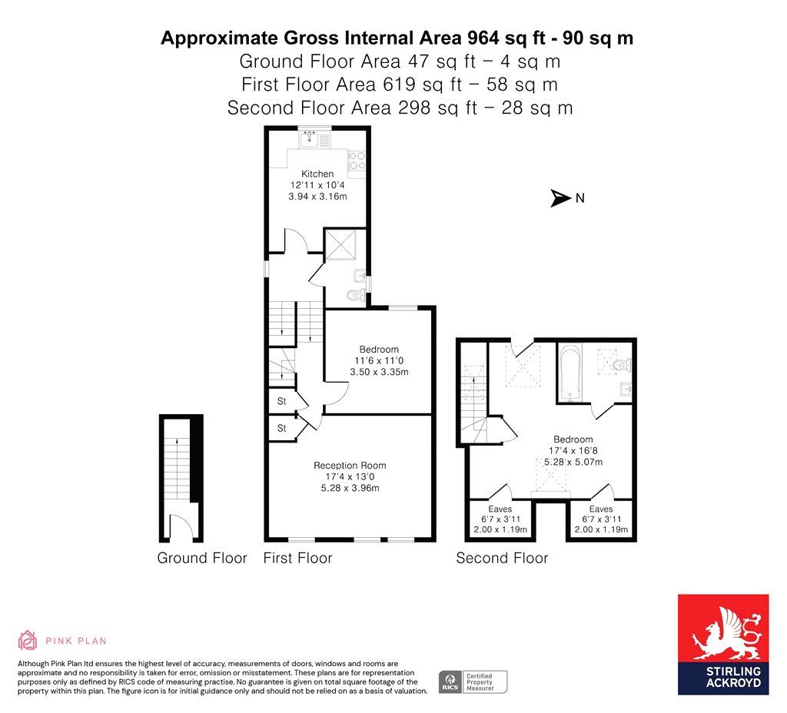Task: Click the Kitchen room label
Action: point(317,174)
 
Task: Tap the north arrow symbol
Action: point(561,197)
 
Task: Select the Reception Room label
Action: point(350,465)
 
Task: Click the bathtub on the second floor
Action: point(569,373)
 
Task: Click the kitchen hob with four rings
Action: point(357,161)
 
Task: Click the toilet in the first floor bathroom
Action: point(357,295)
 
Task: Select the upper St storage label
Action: point(281,401)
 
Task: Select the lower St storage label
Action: point(281,428)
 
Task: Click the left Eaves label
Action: point(500,509)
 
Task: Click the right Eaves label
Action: point(601,509)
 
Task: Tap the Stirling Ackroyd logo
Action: point(723,645)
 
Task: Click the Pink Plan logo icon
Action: point(28,640)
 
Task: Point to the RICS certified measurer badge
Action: point(473,682)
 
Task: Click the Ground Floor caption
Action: point(202,558)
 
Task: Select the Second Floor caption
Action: point(502,558)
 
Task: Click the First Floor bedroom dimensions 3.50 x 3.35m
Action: point(379,372)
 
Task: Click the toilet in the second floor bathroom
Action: point(623,364)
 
